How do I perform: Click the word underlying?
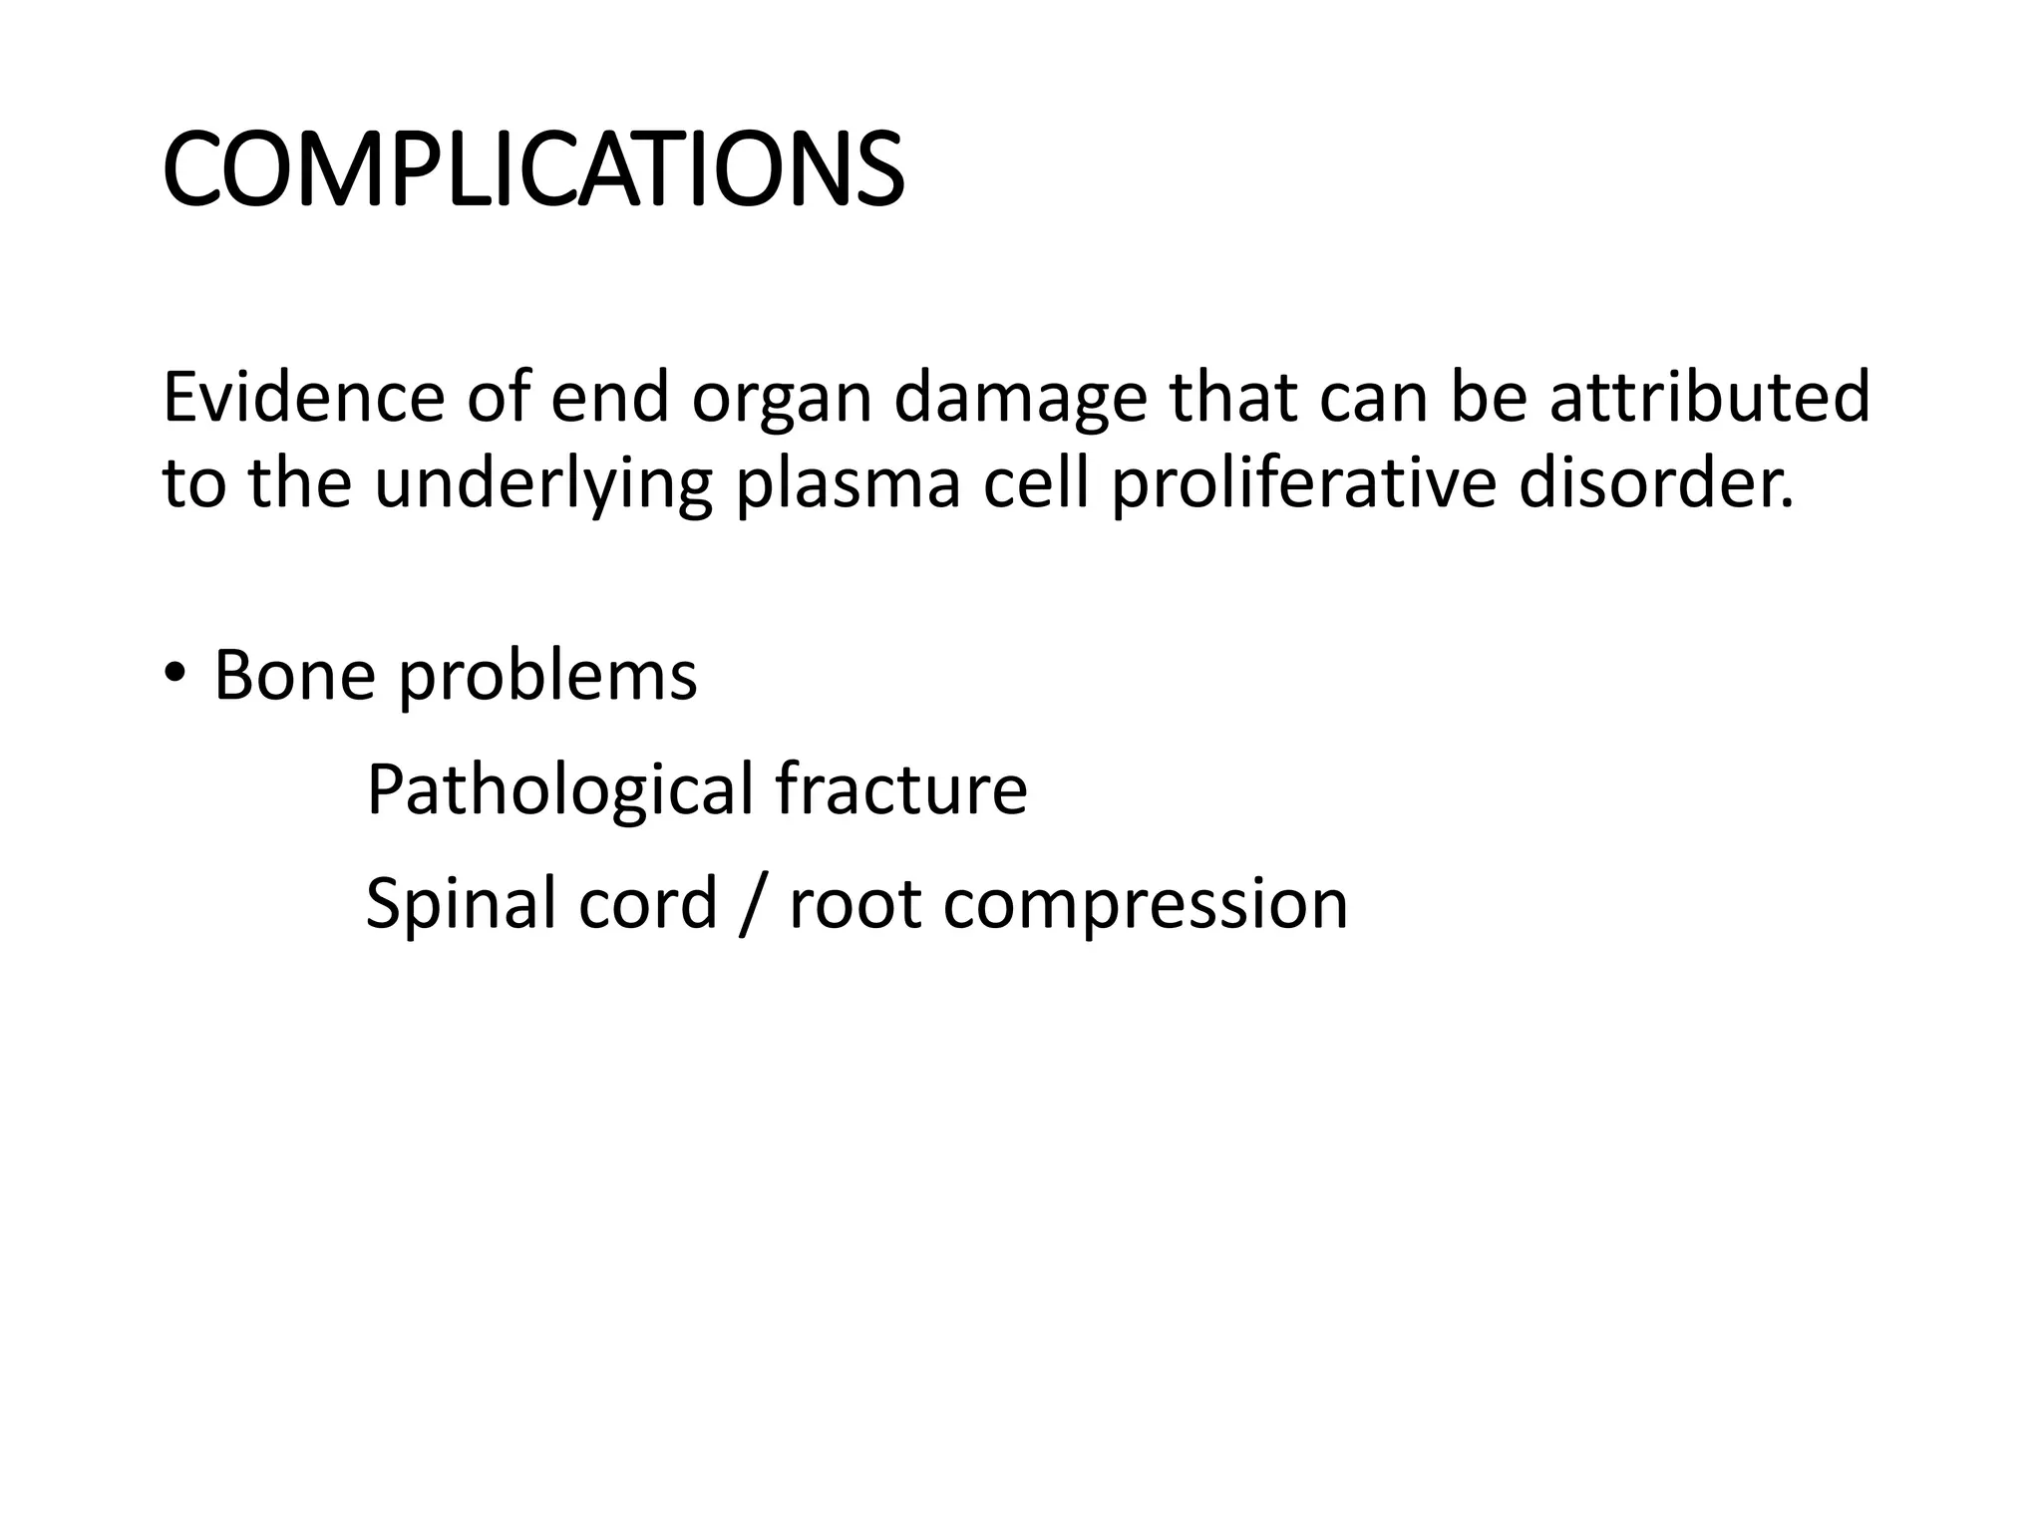pos(543,484)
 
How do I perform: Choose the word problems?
pos(546,676)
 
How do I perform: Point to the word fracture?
pos(900,790)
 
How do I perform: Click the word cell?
pos(1035,484)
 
